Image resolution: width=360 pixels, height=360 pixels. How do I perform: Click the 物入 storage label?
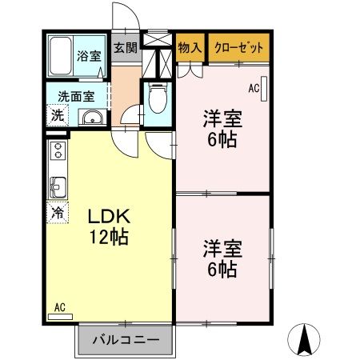coord(190,47)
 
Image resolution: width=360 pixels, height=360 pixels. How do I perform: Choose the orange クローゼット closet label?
coord(239,47)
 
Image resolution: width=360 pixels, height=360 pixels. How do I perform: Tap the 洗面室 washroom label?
coord(74,96)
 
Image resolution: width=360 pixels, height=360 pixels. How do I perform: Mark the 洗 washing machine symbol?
coord(57,115)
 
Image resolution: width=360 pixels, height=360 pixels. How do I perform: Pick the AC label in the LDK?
coord(59,306)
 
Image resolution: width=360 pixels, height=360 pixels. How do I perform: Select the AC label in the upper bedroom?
coord(255,88)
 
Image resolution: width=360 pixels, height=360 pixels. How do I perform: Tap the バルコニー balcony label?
coord(125,339)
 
